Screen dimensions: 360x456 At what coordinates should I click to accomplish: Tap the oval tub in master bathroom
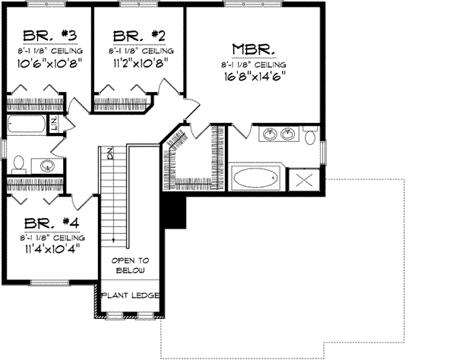[255, 179]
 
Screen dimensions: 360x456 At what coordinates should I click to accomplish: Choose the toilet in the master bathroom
[309, 137]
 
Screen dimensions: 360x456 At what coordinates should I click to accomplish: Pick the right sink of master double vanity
[287, 134]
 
